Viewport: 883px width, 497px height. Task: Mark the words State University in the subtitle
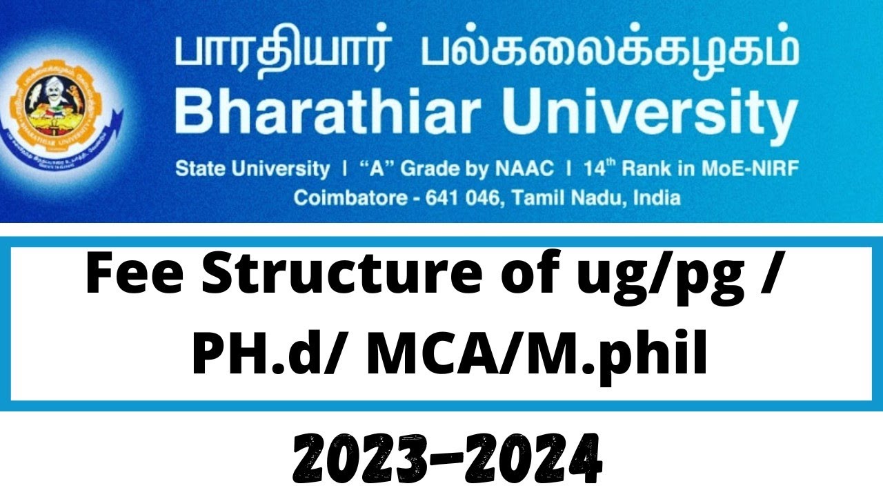coord(252,168)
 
